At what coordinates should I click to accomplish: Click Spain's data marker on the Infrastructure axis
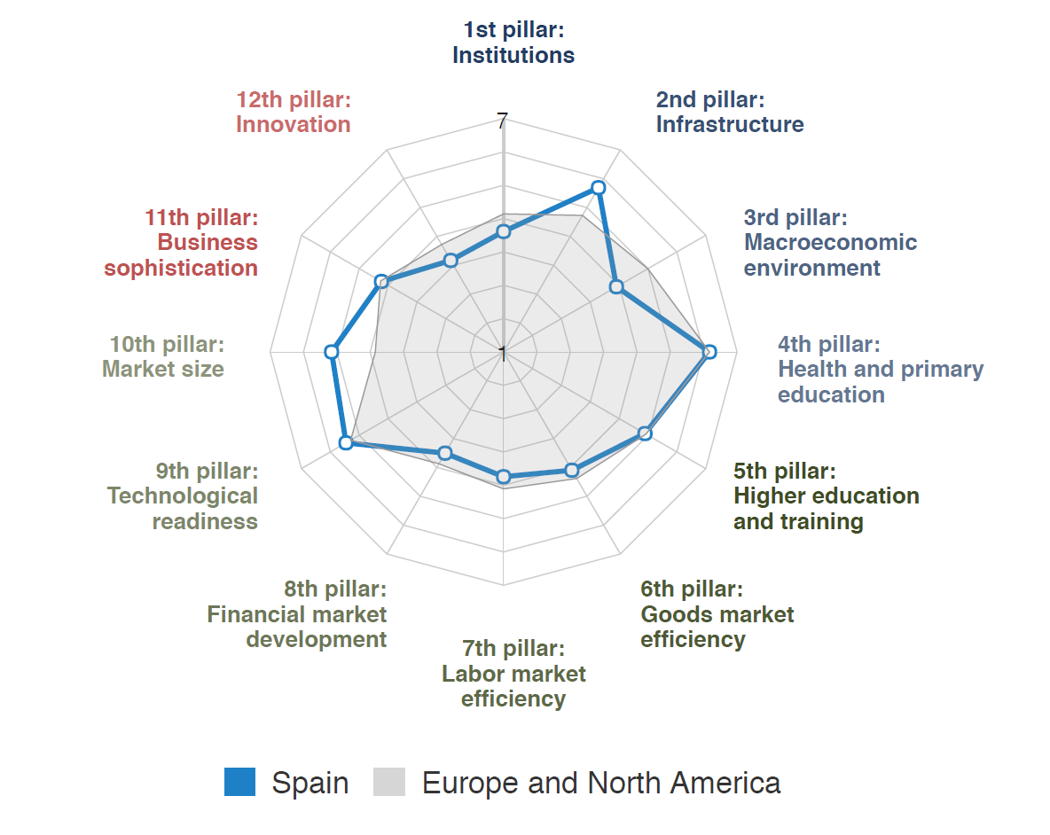click(599, 188)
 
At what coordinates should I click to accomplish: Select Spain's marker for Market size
click(332, 352)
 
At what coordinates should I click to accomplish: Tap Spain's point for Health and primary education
click(709, 352)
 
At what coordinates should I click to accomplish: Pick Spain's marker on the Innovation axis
click(451, 261)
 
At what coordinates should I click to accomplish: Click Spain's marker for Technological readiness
click(346, 443)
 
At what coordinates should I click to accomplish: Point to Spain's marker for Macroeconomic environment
click(616, 287)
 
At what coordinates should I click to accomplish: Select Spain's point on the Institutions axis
click(504, 231)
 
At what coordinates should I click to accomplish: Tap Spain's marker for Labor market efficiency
click(504, 477)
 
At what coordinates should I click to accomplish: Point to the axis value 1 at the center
click(502, 354)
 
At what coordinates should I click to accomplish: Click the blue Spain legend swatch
click(239, 782)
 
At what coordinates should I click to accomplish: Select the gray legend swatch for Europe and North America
click(389, 782)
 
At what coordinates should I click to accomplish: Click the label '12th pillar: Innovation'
click(294, 112)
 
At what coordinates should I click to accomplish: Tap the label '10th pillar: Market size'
click(164, 356)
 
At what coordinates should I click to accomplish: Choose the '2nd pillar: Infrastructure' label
click(729, 112)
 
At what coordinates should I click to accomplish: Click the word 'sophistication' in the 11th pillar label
click(181, 268)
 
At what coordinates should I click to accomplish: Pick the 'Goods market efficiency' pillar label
click(717, 613)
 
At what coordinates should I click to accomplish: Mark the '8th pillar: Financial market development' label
click(298, 613)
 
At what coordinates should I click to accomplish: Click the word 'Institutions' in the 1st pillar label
click(513, 55)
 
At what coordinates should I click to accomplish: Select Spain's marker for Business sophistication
click(381, 282)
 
